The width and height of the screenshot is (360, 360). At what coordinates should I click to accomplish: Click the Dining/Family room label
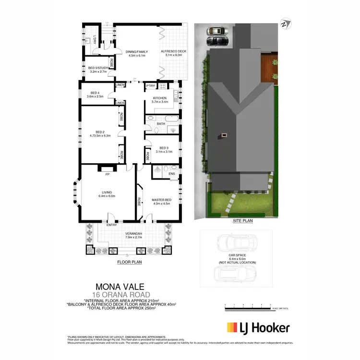click(x=136, y=51)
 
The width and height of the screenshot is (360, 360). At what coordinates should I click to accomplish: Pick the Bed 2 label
click(x=100, y=132)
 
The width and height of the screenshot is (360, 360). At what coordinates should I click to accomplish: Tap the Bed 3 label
click(x=164, y=148)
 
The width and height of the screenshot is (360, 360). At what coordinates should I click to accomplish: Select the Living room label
click(x=107, y=193)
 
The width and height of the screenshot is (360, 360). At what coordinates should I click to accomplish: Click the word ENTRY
click(x=111, y=225)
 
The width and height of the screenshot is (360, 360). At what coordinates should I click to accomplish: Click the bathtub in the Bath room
click(x=170, y=118)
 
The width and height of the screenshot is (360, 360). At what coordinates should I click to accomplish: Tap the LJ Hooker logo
click(x=258, y=328)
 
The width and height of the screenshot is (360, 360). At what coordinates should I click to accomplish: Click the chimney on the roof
click(x=224, y=136)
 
